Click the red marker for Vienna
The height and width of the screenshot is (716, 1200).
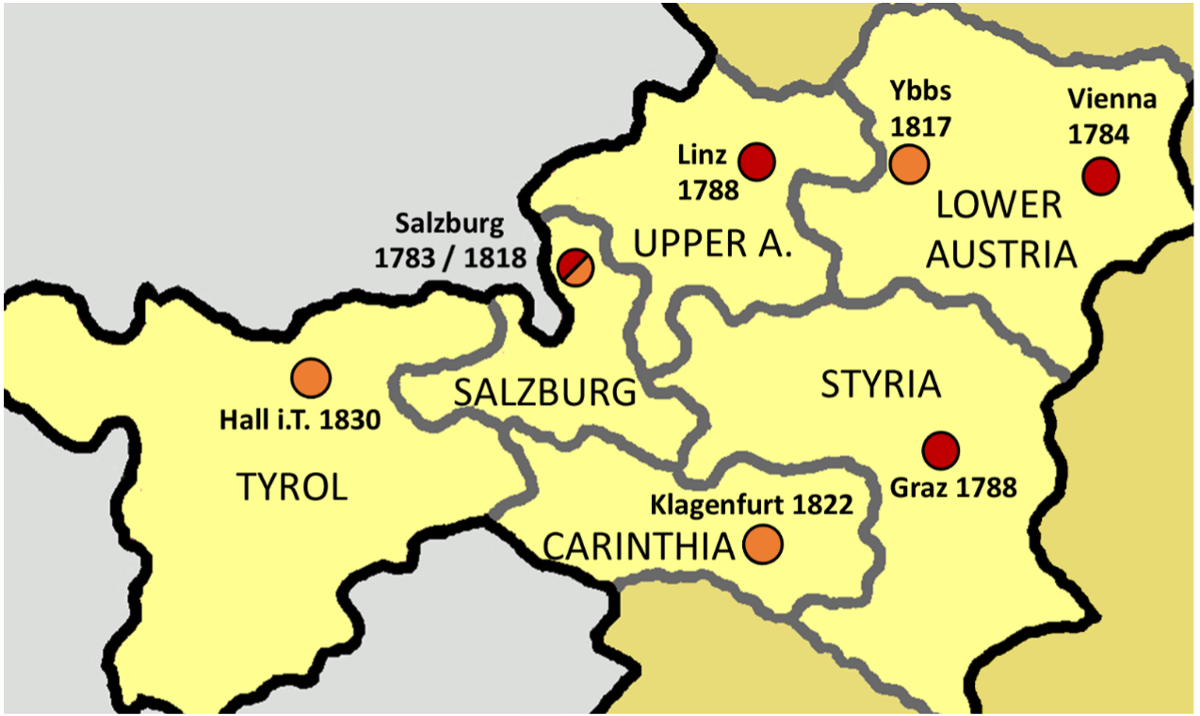(1100, 176)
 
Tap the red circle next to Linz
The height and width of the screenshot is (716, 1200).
(755, 162)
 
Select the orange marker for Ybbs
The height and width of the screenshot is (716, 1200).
(909, 164)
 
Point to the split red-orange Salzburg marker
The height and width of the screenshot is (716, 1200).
(575, 267)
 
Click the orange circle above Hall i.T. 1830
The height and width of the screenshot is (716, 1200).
(311, 378)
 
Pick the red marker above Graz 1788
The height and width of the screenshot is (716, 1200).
(940, 450)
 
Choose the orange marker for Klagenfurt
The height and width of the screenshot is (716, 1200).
(763, 545)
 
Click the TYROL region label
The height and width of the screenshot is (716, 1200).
(292, 487)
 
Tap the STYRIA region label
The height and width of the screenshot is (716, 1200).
(881, 384)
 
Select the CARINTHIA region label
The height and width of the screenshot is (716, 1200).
(639, 546)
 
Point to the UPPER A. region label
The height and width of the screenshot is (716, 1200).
(713, 244)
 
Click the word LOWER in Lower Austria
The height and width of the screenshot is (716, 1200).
(999, 205)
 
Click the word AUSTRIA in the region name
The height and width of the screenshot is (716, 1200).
(1001, 254)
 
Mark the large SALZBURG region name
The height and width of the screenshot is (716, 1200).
(544, 392)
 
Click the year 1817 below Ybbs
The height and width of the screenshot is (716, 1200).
(920, 126)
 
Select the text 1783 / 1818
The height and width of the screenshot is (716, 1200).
(449, 257)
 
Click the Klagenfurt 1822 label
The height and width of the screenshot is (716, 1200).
(752, 504)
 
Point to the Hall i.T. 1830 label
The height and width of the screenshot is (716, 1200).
(300, 419)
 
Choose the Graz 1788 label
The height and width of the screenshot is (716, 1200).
(953, 487)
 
